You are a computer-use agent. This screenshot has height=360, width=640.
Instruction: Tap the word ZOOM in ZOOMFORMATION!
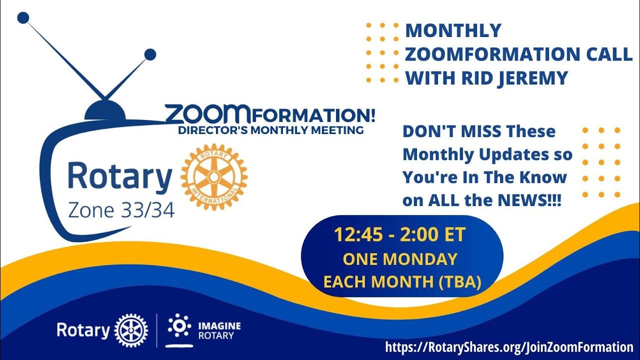point(208,114)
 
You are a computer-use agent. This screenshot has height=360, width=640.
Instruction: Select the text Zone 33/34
point(121,210)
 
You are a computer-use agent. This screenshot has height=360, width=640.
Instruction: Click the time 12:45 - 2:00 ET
point(400,234)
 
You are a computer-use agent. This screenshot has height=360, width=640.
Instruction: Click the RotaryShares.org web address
point(509,346)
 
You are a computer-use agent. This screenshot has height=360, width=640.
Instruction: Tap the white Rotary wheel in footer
point(131,330)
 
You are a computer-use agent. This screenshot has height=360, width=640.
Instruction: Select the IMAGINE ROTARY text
point(219,330)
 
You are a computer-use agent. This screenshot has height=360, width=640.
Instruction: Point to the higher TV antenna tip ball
point(23,18)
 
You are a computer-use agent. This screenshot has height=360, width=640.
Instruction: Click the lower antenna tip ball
point(150,54)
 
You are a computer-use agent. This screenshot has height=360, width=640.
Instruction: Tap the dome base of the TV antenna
point(105,111)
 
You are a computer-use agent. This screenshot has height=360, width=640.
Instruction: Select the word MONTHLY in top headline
point(453,30)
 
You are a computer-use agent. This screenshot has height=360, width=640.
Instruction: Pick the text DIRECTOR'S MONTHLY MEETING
point(270,130)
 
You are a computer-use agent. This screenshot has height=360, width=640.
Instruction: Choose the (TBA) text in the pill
point(459,281)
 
